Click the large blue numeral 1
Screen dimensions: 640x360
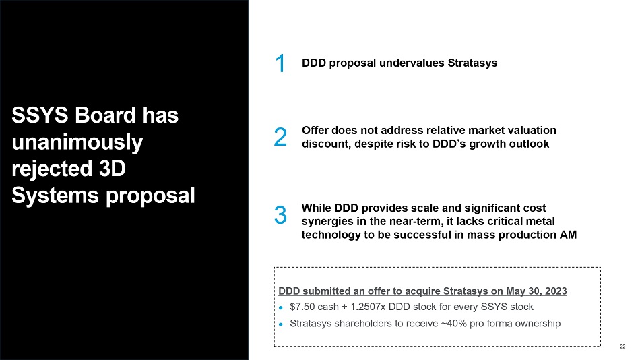(x=280, y=63)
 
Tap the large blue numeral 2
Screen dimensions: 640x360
(x=280, y=137)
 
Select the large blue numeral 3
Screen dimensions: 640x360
(x=280, y=215)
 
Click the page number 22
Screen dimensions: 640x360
(x=622, y=347)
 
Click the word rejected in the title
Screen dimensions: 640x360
(x=52, y=169)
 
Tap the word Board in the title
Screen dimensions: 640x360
(x=105, y=115)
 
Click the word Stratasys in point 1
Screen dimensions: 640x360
(x=472, y=63)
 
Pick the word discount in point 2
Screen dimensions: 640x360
(x=326, y=144)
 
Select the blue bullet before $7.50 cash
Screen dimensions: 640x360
(x=280, y=307)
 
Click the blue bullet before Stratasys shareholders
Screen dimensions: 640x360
(x=280, y=324)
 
